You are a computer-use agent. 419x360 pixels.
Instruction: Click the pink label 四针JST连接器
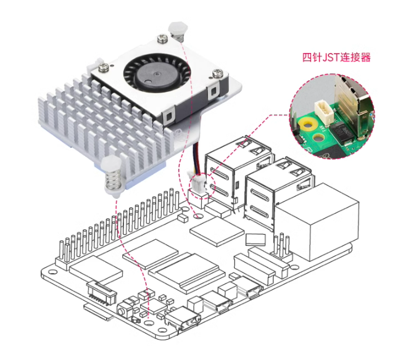[336, 57]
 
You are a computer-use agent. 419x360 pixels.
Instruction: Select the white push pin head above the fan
[176, 28]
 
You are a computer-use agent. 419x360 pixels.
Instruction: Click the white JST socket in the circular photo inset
[322, 112]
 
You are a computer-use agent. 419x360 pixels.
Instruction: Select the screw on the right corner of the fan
[218, 73]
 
